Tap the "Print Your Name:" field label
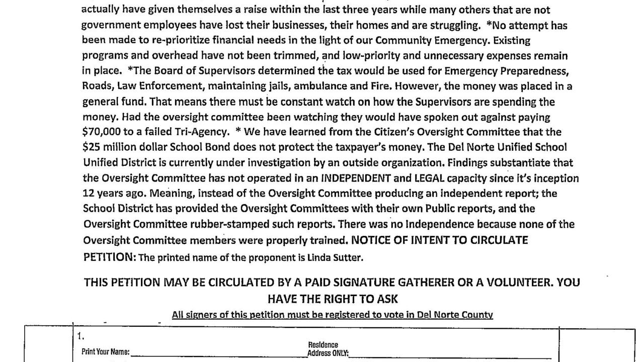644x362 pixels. [x=106, y=352]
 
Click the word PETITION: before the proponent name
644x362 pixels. [x=109, y=257]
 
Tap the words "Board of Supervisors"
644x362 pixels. [x=198, y=71]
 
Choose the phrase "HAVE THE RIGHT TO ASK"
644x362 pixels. [x=333, y=299]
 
